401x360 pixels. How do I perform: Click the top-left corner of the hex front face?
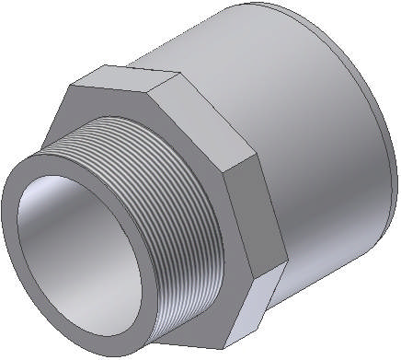(70, 89)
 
